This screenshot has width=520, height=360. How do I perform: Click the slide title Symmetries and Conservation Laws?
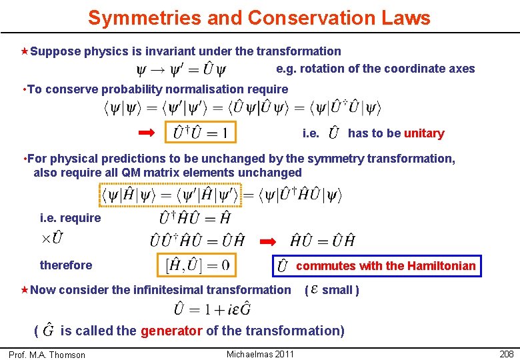tap(259, 17)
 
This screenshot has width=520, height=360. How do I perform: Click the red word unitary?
tap(424, 133)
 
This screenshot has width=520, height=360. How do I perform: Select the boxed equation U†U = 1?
tap(201, 133)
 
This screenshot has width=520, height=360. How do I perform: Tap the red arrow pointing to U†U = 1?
tap(146, 133)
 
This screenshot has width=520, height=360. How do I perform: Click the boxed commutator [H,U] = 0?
tap(198, 265)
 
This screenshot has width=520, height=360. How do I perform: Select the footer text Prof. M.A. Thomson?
tap(47, 355)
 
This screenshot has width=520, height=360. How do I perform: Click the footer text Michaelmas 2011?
tap(260, 354)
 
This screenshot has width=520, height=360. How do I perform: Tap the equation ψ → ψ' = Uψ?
tap(181, 69)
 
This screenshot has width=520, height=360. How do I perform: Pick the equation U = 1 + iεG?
tap(213, 309)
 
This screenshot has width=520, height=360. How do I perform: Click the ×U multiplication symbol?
tap(53, 238)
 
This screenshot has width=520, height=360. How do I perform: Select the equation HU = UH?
tap(323, 240)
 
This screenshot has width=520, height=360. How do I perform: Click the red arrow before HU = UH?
tap(267, 240)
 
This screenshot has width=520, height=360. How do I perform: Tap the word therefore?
tap(66, 265)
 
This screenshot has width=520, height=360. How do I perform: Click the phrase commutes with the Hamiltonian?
tap(385, 266)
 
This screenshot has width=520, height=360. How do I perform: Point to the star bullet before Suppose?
tap(25, 51)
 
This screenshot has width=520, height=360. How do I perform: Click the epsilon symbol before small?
tap(313, 290)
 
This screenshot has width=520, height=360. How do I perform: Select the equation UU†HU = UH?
tap(197, 240)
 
